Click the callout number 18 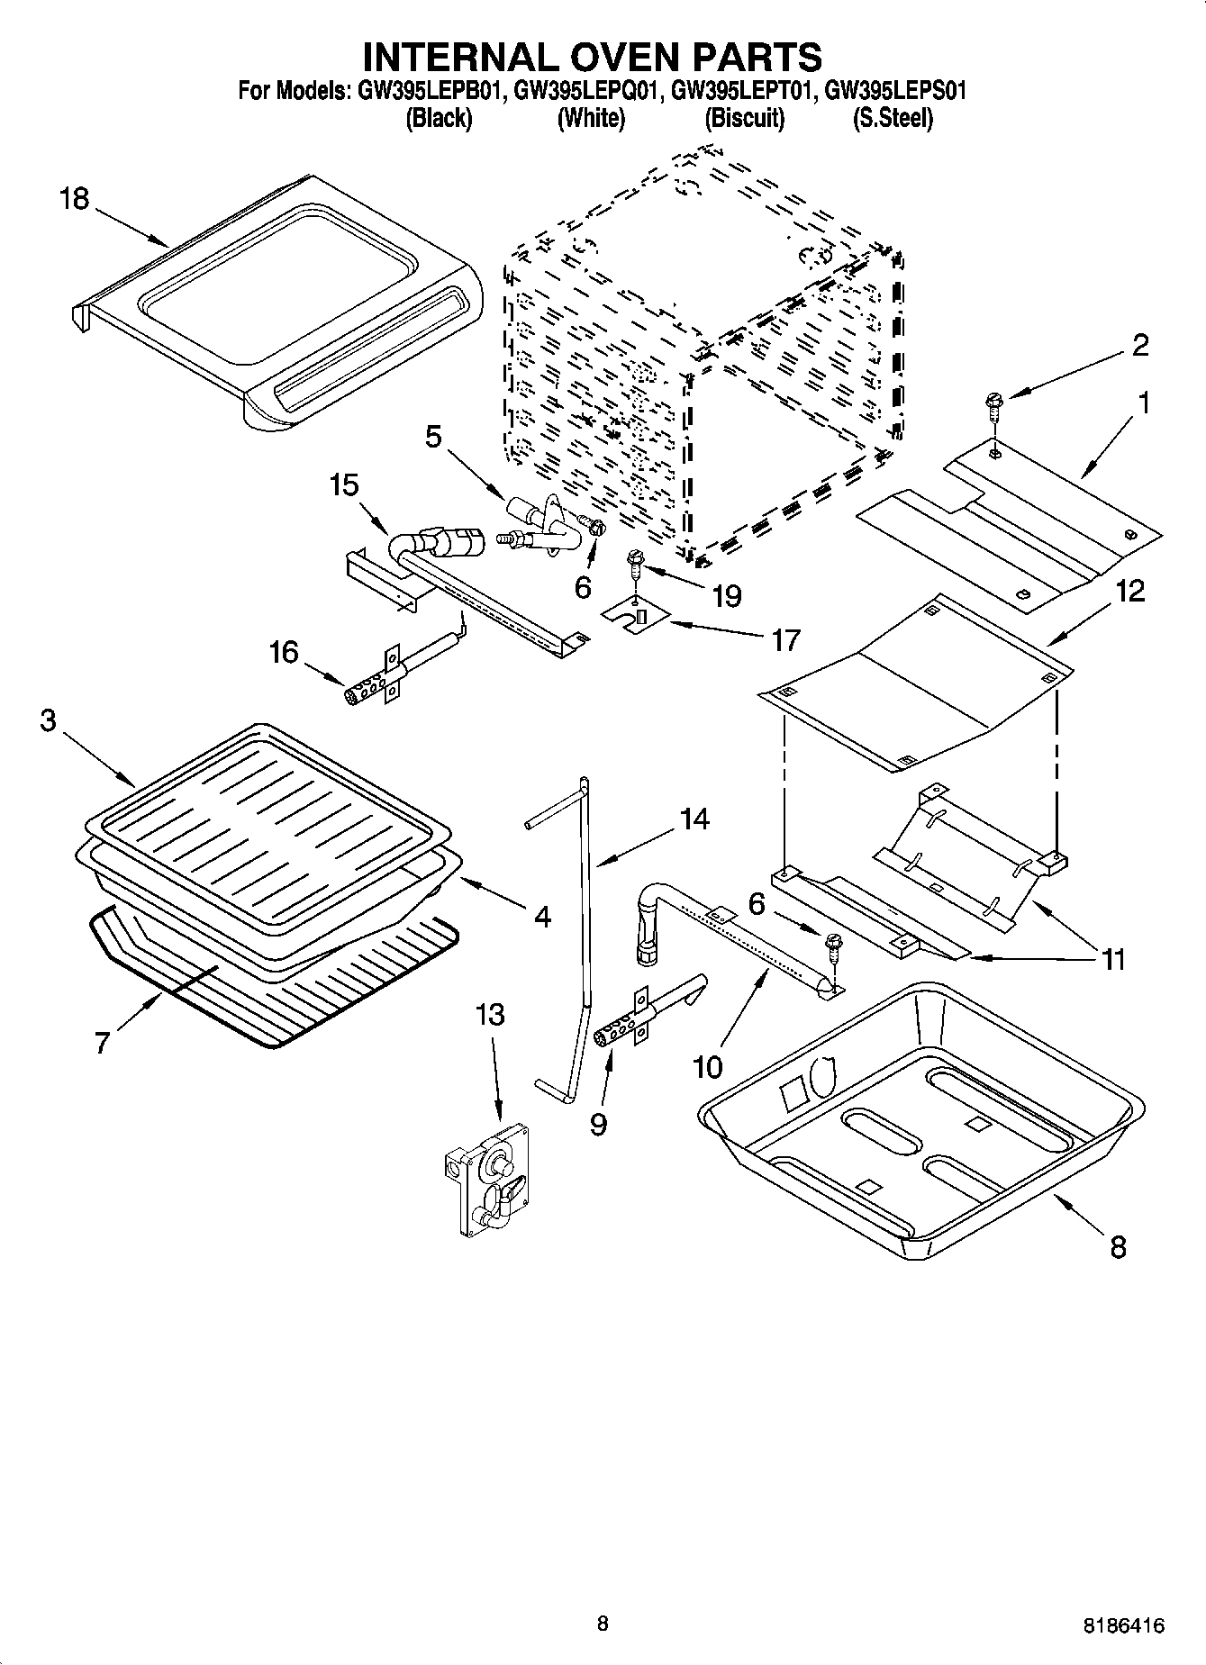point(75,198)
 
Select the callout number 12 point(1130,592)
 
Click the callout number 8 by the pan point(1118,1247)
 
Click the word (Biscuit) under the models point(744,118)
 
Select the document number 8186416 point(1123,1626)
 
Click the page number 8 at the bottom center point(603,1624)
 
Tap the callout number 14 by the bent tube point(694,819)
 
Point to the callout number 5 point(434,438)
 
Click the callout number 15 point(344,485)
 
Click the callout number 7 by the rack point(101,1043)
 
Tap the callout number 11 point(1115,960)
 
